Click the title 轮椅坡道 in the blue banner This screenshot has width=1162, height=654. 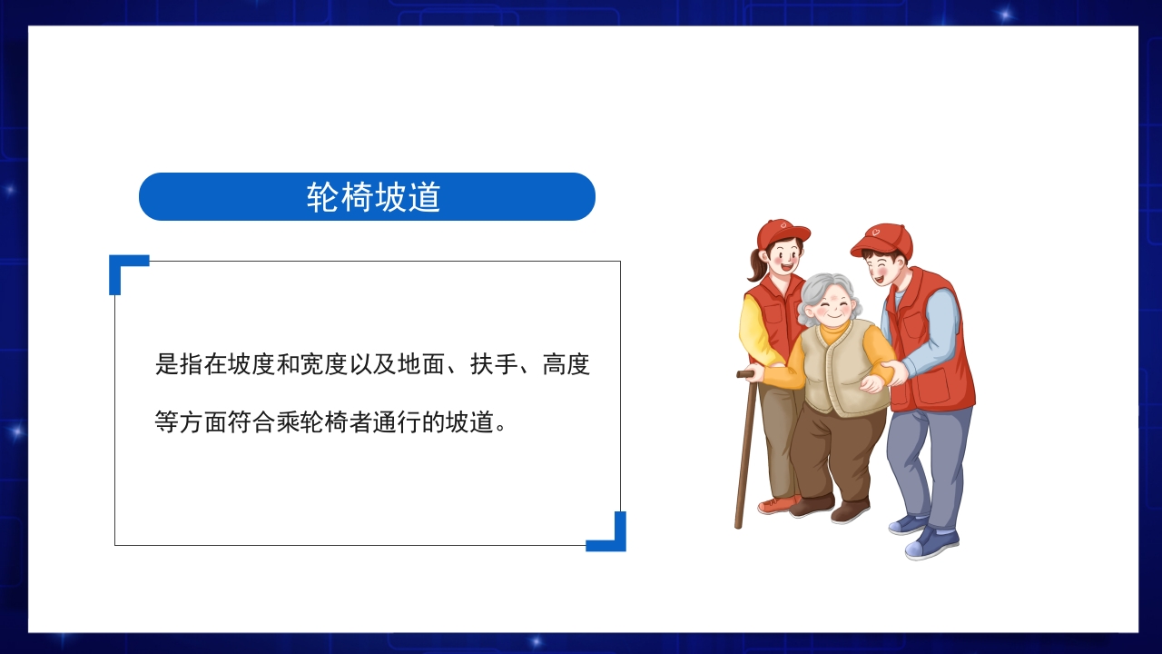pyautogui.click(x=373, y=197)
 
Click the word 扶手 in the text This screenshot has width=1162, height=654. pyautogui.click(x=494, y=365)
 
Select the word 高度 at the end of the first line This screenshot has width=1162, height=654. pyautogui.click(x=566, y=365)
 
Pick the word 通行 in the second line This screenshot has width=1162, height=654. pyautogui.click(x=397, y=422)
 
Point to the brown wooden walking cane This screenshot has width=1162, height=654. pyautogui.click(x=745, y=454)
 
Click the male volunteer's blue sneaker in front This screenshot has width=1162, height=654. pyautogui.click(x=931, y=544)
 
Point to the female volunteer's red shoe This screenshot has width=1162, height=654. pyautogui.click(x=777, y=504)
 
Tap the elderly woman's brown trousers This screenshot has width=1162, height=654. pyautogui.click(x=826, y=454)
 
